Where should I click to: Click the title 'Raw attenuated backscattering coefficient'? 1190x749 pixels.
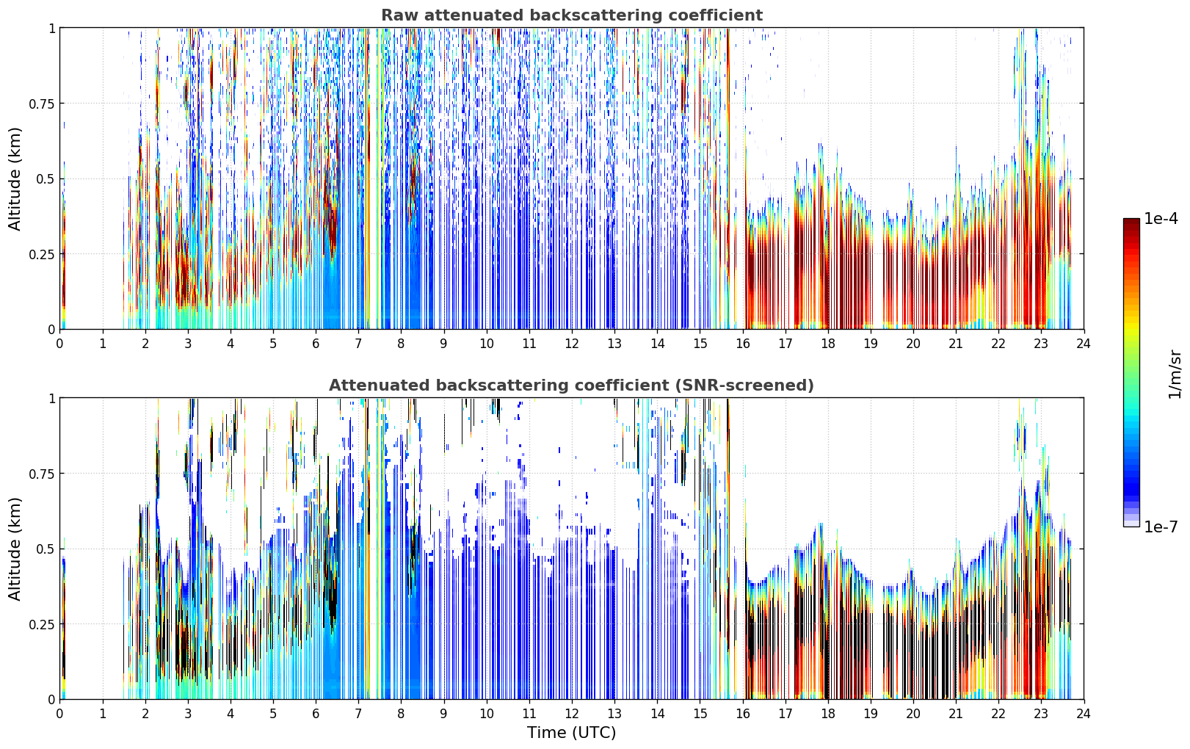(x=572, y=15)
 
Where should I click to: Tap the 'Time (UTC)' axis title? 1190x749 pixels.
(x=572, y=733)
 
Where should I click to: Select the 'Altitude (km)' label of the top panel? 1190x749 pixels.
(x=15, y=178)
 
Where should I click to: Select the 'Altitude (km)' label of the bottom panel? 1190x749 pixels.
(x=15, y=549)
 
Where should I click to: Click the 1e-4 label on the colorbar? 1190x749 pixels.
(x=1161, y=218)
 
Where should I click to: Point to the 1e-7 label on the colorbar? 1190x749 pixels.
(x=1161, y=527)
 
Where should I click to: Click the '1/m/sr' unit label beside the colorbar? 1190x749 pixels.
(x=1175, y=374)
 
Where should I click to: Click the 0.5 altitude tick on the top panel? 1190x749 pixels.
(x=46, y=179)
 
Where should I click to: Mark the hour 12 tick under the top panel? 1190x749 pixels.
(x=572, y=344)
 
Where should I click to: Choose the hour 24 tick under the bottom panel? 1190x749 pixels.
(x=1084, y=714)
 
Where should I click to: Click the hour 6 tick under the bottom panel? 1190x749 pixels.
(x=316, y=714)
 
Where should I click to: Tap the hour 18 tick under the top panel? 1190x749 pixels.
(x=827, y=344)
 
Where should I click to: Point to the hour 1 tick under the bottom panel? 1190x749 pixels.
(x=103, y=714)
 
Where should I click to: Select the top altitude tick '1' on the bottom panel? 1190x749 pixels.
(x=51, y=399)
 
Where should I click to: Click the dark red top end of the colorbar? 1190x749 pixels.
(x=1131, y=220)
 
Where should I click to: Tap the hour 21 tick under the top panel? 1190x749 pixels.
(x=956, y=344)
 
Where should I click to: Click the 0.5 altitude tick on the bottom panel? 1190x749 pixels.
(x=46, y=549)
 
